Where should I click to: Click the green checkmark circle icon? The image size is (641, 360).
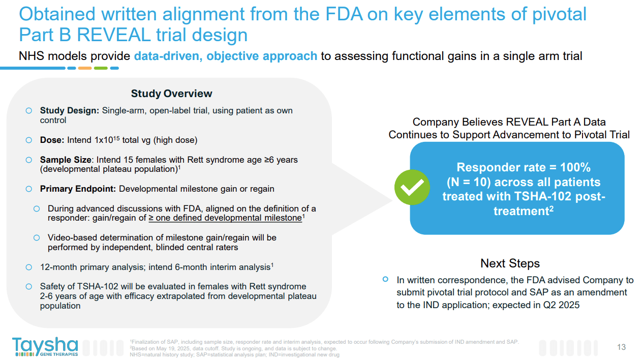pyautogui.click(x=412, y=188)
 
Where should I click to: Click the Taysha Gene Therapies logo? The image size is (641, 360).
pyautogui.click(x=45, y=346)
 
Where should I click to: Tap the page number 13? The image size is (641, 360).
pyautogui.click(x=621, y=347)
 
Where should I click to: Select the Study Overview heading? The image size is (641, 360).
pyautogui.click(x=171, y=94)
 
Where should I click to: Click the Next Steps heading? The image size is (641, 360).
pyautogui.click(x=510, y=263)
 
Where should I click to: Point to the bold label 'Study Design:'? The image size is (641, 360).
pyautogui.click(x=70, y=111)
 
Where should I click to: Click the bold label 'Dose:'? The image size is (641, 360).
pyautogui.click(x=52, y=140)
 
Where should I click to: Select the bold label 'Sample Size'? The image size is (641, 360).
pyautogui.click(x=66, y=160)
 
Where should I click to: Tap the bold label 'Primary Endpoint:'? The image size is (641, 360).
pyautogui.click(x=78, y=189)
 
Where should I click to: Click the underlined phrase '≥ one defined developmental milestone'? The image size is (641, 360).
pyautogui.click(x=225, y=218)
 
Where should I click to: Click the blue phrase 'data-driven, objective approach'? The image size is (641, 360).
pyautogui.click(x=225, y=56)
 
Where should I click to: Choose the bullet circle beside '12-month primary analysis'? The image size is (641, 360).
pyautogui.click(x=29, y=267)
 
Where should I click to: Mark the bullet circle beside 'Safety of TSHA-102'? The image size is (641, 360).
pyautogui.click(x=29, y=286)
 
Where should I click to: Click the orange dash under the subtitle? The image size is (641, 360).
pyautogui.click(x=84, y=68)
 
